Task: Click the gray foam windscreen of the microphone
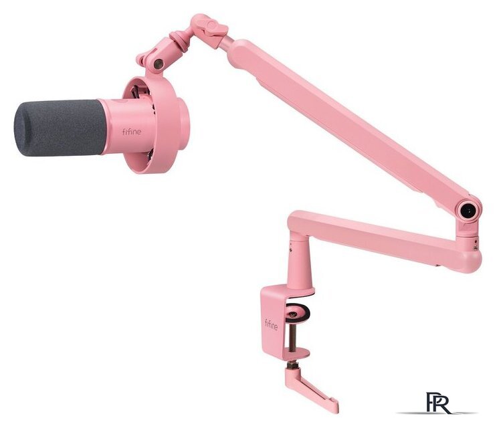point(60,128)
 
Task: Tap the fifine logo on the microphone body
point(132,132)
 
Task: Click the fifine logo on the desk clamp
point(272,325)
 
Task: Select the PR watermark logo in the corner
point(438,403)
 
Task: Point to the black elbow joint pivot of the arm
point(468,210)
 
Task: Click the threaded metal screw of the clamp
point(292,336)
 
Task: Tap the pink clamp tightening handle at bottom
point(311,389)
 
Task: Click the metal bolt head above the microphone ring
point(158,64)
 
